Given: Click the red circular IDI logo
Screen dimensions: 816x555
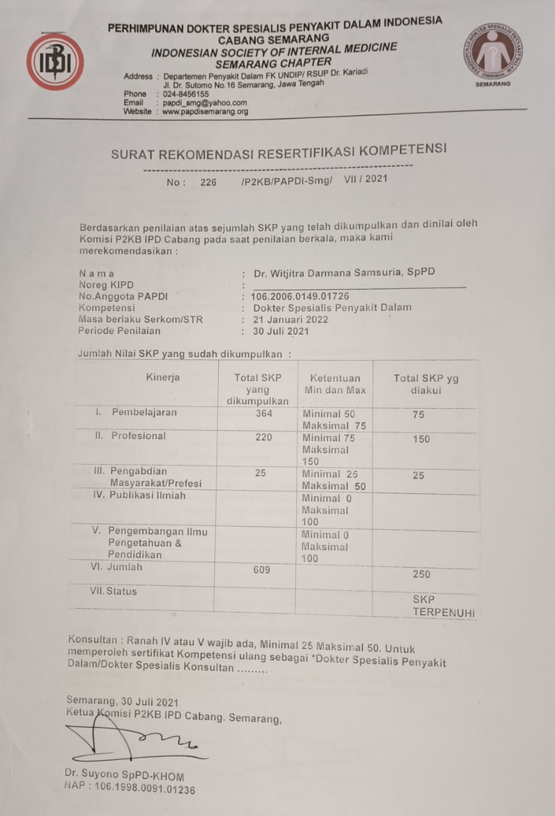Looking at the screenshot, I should pyautogui.click(x=55, y=62).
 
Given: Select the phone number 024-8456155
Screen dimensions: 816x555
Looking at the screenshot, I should pyautogui.click(x=186, y=94).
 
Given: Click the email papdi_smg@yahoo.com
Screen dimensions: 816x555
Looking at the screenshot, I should pyautogui.click(x=205, y=103).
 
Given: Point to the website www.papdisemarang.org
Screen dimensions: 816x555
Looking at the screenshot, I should pyautogui.click(x=205, y=112).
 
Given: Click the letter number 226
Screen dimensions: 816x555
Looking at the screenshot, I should pyautogui.click(x=208, y=182).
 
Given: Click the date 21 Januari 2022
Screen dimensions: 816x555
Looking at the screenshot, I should pyautogui.click(x=290, y=319).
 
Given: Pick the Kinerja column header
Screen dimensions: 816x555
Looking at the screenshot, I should pyautogui.click(x=163, y=377).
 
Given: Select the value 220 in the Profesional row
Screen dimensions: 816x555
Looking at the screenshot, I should pyautogui.click(x=263, y=437).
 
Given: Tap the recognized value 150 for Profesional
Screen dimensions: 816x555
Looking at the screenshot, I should pyautogui.click(x=421, y=439).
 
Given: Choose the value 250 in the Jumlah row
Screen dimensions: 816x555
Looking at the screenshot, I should pyautogui.click(x=421, y=574).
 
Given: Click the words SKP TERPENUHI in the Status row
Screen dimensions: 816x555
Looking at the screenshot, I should pyautogui.click(x=443, y=607).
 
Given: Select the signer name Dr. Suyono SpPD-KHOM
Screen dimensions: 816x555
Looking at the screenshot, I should pyautogui.click(x=124, y=776).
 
